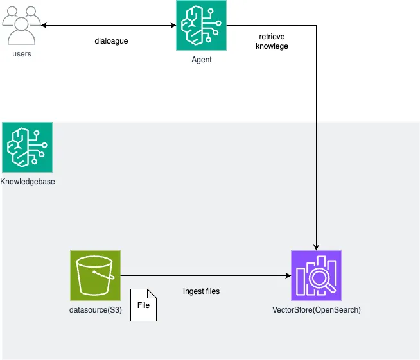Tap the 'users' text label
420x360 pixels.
[22, 54]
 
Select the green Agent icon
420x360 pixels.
[202, 26]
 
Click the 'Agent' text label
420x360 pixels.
[202, 60]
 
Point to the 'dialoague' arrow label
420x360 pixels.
[112, 42]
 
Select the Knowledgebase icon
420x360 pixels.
[27, 147]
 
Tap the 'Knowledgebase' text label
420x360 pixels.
[28, 182]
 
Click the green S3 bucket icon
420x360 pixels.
[95, 275]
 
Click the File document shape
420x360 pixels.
[143, 305]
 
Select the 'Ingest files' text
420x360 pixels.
[201, 291]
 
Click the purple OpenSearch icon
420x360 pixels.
[316, 275]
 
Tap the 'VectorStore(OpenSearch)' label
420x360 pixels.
[317, 311]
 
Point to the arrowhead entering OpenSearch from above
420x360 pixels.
[316, 246]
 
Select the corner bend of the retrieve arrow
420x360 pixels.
[316, 26]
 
